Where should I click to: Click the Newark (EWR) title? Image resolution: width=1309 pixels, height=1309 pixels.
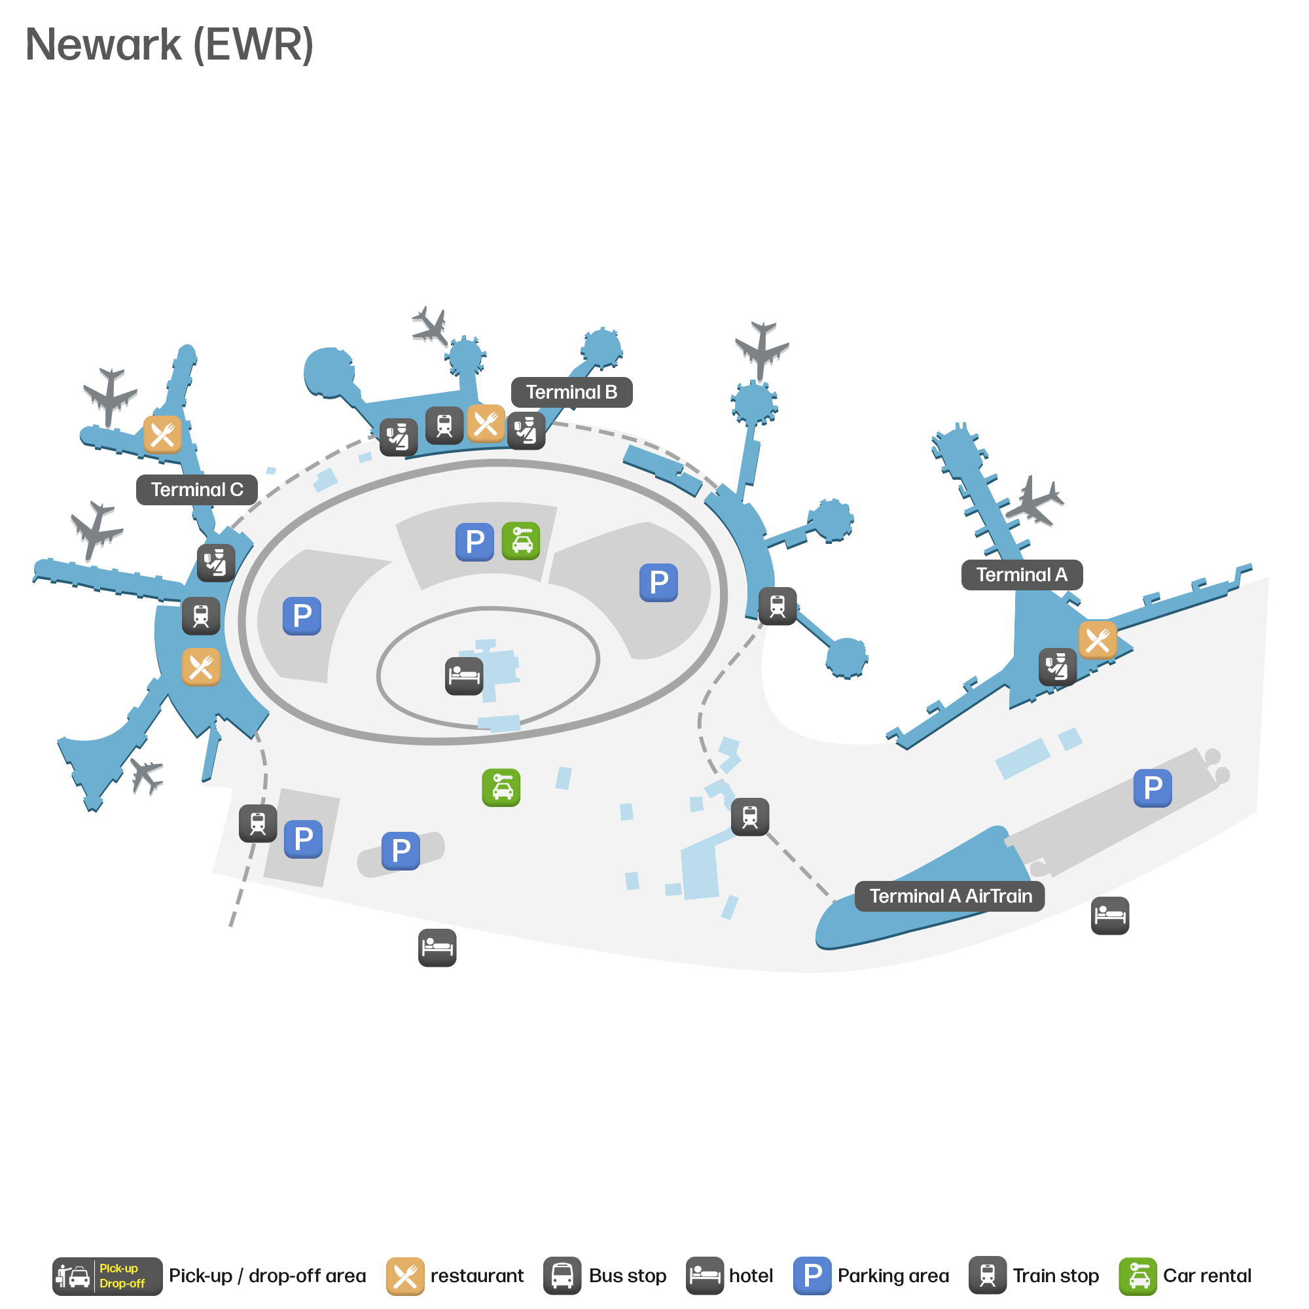coord(170,45)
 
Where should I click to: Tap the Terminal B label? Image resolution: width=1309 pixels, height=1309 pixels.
coord(571,392)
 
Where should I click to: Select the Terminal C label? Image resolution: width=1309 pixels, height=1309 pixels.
coord(196,490)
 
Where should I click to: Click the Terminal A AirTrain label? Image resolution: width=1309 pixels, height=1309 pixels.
coord(950,897)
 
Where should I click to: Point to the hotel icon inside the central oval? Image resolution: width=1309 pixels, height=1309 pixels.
coord(464,676)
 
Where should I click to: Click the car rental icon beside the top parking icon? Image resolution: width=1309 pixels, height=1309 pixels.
coord(521,541)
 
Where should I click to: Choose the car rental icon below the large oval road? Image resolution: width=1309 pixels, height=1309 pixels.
coord(501,788)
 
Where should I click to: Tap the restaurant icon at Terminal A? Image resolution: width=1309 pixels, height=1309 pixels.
coord(1098,640)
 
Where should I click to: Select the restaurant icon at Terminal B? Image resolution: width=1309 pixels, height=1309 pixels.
coord(486,424)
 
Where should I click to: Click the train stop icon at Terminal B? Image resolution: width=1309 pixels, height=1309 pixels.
coord(444,425)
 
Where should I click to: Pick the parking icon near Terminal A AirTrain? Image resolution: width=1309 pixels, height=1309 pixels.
coord(1153,788)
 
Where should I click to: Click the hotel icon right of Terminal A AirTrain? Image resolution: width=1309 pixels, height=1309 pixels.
coord(1110,916)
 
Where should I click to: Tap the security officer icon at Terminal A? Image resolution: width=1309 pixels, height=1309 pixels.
coord(1058,668)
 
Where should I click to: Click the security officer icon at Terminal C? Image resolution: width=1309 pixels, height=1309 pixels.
coord(216,563)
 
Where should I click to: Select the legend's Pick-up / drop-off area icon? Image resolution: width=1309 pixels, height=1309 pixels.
coord(108,1276)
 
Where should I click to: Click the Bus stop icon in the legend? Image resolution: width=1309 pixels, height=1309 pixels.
coord(562,1276)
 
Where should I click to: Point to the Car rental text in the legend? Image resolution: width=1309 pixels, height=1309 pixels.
coord(1208,1276)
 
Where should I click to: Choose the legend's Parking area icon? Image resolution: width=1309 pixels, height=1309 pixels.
coord(812,1276)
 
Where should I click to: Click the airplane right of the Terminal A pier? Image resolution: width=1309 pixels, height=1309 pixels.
coord(1035,501)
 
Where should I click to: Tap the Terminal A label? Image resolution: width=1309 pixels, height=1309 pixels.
coord(1022,575)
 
